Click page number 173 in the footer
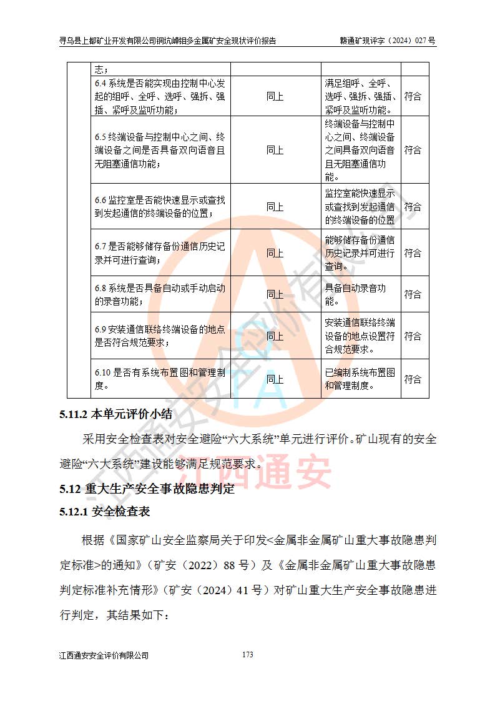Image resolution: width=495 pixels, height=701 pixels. [x=247, y=655]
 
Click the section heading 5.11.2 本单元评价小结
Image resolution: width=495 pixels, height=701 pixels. [x=115, y=414]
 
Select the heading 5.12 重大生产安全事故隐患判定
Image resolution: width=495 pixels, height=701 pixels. [x=147, y=489]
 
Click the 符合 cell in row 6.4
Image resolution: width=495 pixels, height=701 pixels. [x=413, y=97]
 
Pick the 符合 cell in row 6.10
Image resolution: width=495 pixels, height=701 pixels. [x=413, y=379]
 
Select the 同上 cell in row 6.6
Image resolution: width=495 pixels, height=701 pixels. [x=275, y=207]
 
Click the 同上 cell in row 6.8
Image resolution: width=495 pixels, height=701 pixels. [x=275, y=294]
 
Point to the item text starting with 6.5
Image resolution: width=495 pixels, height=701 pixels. [x=160, y=150]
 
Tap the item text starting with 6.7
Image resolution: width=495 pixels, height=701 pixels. [x=160, y=253]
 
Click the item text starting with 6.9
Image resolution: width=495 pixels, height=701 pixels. [x=160, y=336]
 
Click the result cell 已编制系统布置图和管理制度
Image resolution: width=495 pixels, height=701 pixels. [x=360, y=379]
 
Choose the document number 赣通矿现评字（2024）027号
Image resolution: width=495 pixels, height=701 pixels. [x=385, y=41]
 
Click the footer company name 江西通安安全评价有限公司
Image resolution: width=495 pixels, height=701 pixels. [x=104, y=655]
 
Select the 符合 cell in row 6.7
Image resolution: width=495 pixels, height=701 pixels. [x=413, y=253]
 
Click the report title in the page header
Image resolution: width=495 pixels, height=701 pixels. [x=167, y=41]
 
